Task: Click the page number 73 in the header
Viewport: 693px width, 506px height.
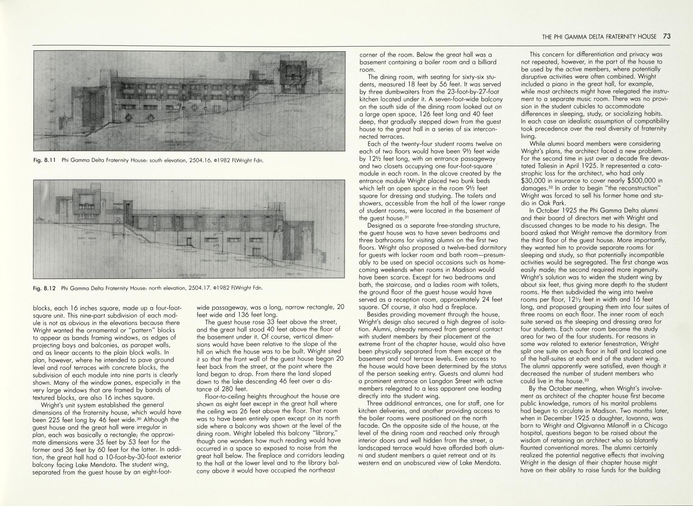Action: (x=667, y=36)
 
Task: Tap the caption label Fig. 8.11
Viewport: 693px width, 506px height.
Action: (x=44, y=160)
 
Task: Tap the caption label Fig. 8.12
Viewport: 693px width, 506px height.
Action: (x=44, y=288)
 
